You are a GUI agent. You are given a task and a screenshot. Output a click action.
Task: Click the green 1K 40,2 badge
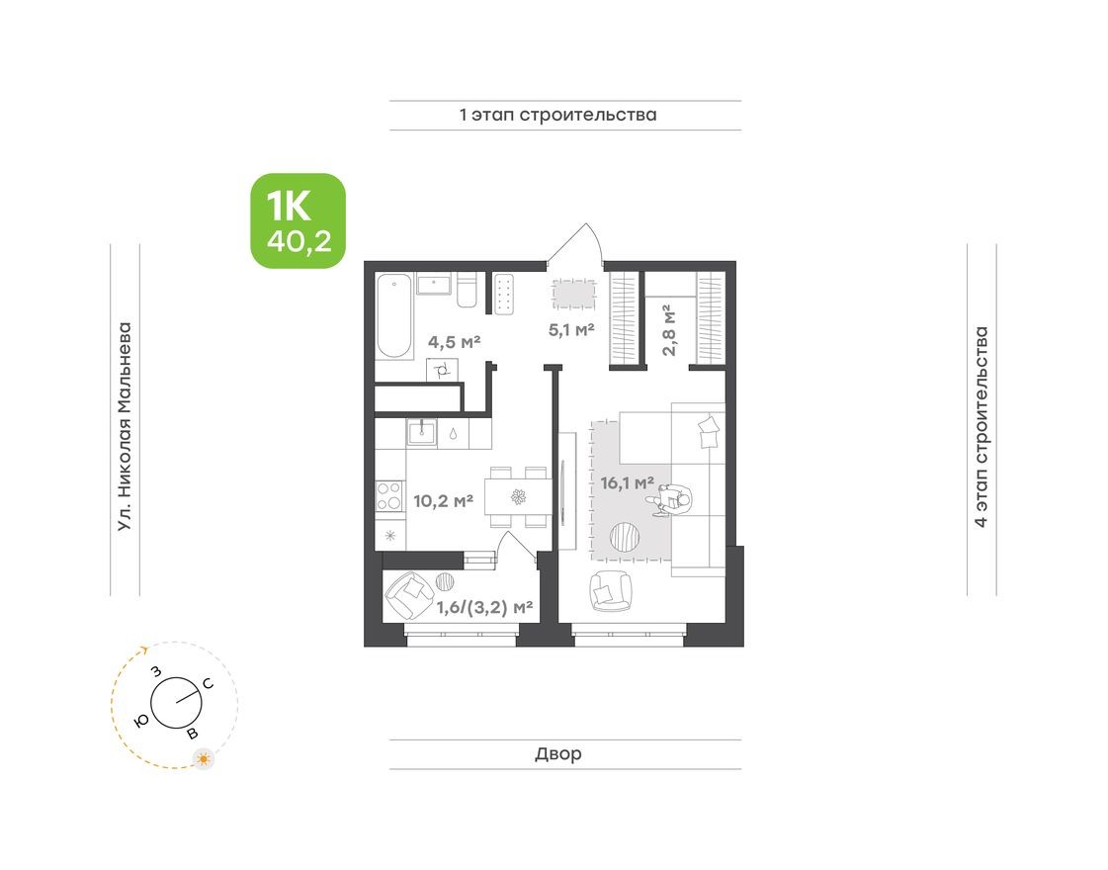[297, 220]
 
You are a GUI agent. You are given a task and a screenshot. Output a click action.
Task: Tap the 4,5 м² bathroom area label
[454, 342]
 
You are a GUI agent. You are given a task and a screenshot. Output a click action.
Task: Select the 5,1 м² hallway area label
[571, 329]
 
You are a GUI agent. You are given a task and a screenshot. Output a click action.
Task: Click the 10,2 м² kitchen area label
[443, 500]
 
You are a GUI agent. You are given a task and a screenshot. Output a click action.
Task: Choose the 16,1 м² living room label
[628, 483]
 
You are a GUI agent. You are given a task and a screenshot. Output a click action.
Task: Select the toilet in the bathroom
[468, 290]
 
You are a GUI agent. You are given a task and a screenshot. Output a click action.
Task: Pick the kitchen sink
[422, 431]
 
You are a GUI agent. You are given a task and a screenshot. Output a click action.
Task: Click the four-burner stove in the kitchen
[389, 494]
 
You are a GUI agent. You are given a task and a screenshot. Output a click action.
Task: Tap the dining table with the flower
[516, 495]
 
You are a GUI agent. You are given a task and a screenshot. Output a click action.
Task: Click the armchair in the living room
[611, 590]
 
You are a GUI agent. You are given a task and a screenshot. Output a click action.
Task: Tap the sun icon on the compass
[204, 759]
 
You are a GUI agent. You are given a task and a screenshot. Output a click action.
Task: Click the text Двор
[558, 754]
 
